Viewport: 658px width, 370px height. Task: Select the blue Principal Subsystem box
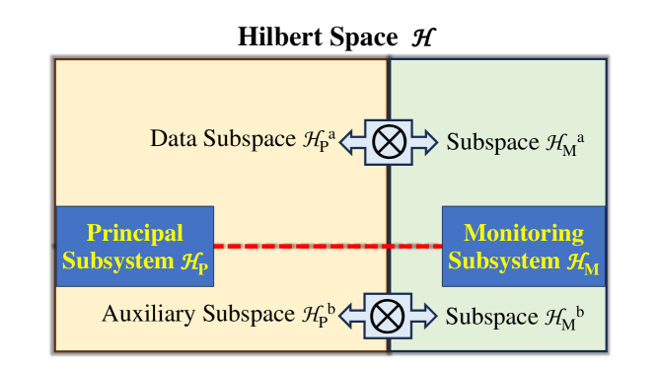point(134,246)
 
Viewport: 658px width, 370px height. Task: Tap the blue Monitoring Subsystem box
point(523,246)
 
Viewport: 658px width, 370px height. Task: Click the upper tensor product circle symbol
point(389,141)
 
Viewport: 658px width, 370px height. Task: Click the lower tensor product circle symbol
point(389,316)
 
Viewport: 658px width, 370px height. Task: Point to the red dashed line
point(327,245)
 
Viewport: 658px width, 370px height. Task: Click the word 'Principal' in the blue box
point(135,234)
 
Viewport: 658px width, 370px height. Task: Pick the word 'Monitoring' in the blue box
point(523,234)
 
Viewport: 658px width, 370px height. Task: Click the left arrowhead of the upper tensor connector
point(348,141)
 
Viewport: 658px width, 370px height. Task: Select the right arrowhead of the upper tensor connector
point(430,141)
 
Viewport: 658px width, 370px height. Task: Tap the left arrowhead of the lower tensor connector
point(348,316)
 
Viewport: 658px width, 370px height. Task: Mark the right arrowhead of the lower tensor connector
point(430,316)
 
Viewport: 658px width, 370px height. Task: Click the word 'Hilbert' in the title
point(271,37)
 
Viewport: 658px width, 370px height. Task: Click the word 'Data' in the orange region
point(172,140)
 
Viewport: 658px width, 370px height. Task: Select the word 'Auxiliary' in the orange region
point(148,315)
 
